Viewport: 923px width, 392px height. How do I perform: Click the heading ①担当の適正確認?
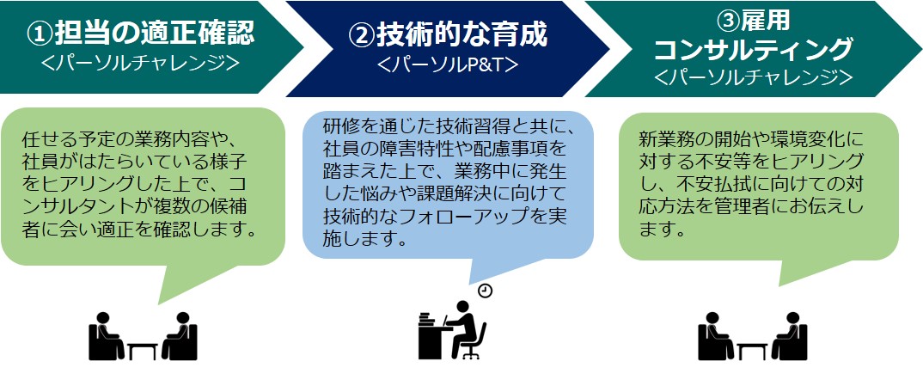click(142, 34)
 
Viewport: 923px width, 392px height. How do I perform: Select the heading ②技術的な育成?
click(448, 34)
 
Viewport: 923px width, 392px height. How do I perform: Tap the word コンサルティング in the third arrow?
click(753, 50)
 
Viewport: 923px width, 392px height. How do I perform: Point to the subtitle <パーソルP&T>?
click(448, 64)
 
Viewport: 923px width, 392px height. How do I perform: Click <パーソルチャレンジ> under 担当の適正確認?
click(141, 63)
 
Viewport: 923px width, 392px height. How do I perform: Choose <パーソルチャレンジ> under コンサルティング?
click(753, 77)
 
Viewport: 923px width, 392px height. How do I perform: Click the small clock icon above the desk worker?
click(485, 291)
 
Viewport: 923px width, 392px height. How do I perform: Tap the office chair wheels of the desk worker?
click(471, 355)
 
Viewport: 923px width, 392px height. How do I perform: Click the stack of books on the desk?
click(427, 320)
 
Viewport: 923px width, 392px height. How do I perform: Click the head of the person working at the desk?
click(463, 306)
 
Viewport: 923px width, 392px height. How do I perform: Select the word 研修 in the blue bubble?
click(338, 126)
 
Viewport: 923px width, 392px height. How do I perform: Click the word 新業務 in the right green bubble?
click(662, 140)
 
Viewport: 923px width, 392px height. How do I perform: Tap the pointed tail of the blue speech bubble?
click(471, 285)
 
